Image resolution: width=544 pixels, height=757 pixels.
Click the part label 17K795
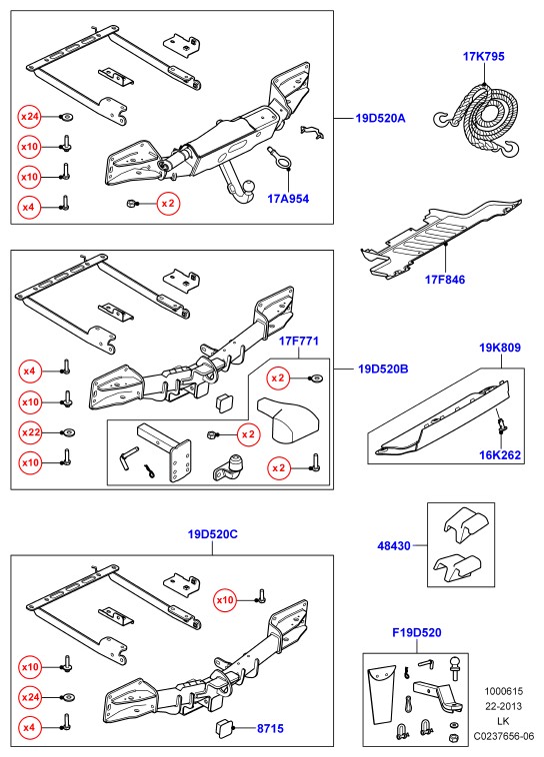pos(484,57)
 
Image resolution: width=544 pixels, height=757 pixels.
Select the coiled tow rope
pos(479,121)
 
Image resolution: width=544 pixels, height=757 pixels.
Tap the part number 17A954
pos(288,199)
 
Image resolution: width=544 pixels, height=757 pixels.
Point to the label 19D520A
pos(381,118)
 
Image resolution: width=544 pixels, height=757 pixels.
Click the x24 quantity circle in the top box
pos(29,117)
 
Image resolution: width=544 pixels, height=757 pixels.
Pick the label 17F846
pos(445,280)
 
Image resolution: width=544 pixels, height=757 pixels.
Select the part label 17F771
pos(299,342)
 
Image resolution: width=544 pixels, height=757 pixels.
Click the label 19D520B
pos(383,370)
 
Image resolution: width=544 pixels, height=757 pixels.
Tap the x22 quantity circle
pos(30,432)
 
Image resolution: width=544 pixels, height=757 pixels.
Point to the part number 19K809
pos(500,348)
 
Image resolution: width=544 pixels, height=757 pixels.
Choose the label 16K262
pos(500,455)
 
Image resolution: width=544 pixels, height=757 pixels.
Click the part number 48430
pos(394,546)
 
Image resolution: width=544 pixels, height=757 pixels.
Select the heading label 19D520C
pos(213,534)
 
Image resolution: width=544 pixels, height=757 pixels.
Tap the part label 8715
pos(270,728)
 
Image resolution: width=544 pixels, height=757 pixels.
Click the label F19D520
pos(417,632)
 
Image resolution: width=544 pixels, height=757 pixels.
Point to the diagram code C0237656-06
pos(504,736)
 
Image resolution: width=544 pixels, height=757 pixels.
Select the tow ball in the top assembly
pos(249,187)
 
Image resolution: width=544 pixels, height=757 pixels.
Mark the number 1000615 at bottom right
pos(504,691)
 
